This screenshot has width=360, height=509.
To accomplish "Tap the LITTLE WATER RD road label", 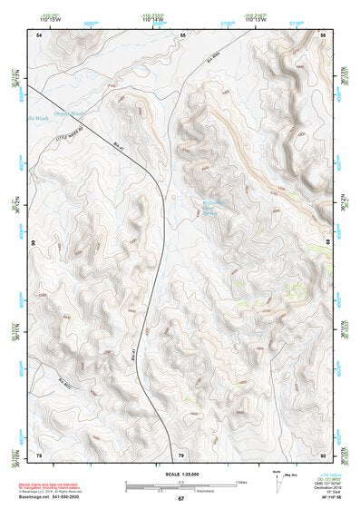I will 79,133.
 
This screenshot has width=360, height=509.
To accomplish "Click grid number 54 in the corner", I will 38,34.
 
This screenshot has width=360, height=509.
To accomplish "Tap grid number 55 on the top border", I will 182,34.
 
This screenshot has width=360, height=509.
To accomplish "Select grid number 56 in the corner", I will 323,34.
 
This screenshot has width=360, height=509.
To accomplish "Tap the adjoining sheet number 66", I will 35,243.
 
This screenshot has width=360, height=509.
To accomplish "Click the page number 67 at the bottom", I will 180,499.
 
